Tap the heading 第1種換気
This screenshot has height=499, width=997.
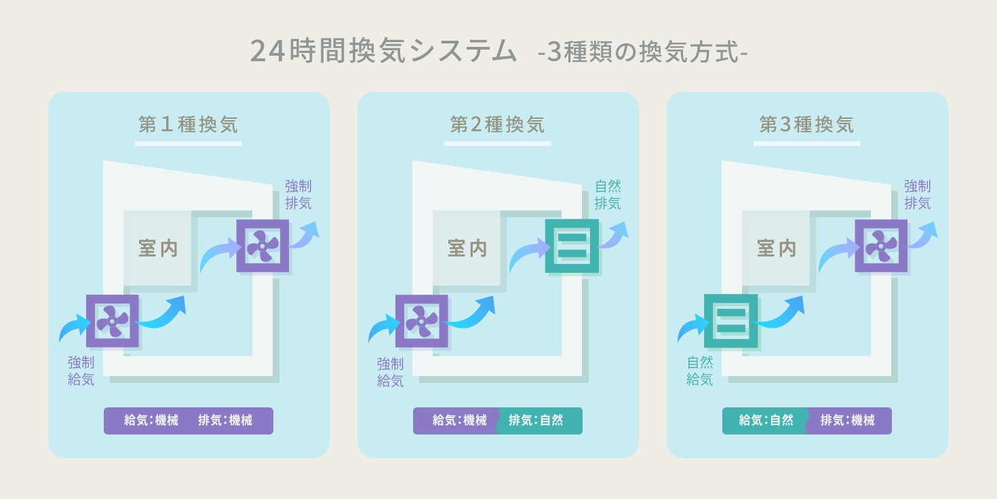188,125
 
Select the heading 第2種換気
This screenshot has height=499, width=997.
497,125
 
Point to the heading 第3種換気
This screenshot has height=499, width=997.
806,125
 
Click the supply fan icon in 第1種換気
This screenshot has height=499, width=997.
113,321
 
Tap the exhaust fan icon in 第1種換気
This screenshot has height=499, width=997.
262,246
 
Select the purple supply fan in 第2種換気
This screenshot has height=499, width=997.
421,321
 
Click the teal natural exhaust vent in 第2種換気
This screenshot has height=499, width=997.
572,246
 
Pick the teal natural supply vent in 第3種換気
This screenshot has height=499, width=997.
730,321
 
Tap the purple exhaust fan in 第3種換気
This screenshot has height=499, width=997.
881,246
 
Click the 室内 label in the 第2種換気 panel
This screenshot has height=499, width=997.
467,248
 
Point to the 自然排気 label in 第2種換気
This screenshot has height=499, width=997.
608,195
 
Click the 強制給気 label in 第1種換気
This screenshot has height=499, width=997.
81,371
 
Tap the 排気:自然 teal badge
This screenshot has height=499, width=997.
538,421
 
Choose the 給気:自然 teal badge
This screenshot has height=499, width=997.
765,421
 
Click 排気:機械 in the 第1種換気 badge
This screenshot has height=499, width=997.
225,421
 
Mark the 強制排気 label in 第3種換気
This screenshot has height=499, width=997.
917,195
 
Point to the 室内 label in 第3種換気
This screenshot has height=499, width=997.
777,248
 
